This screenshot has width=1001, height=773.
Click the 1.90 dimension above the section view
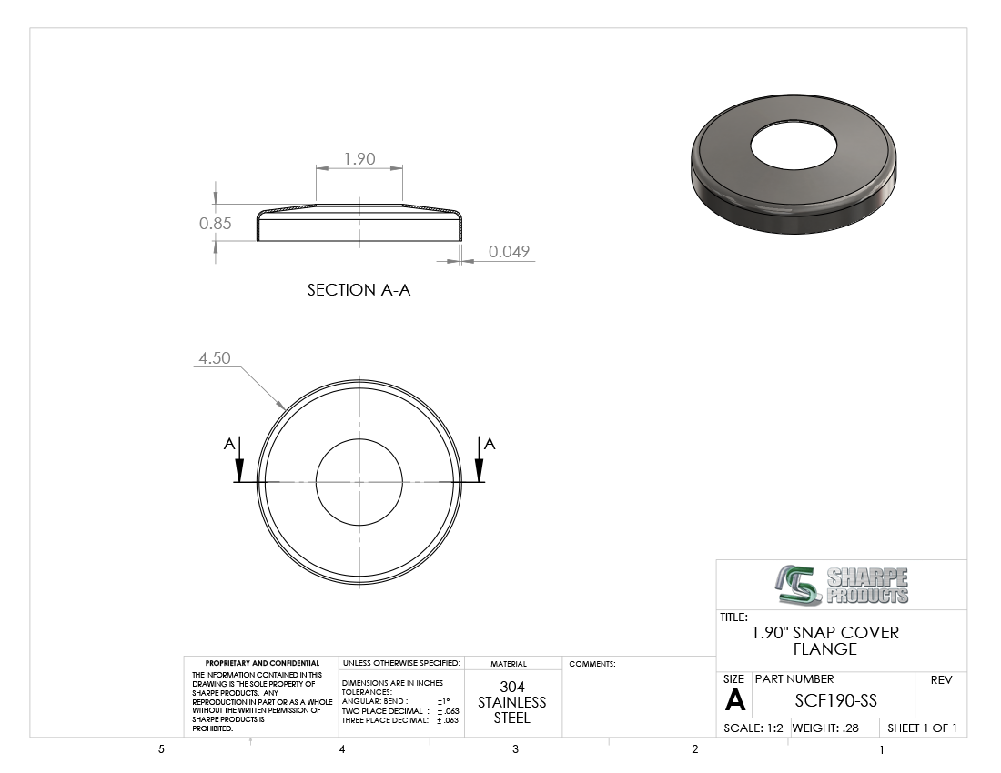(x=359, y=158)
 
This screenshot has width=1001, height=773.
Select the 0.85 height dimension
(x=215, y=223)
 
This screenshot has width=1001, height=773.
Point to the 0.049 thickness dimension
(x=509, y=251)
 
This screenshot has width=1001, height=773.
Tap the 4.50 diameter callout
(x=215, y=357)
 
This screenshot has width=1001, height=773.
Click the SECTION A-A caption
(x=359, y=290)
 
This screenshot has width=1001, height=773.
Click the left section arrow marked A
(x=239, y=459)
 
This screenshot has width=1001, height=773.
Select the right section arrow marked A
(x=480, y=459)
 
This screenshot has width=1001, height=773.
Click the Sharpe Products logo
(x=842, y=585)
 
